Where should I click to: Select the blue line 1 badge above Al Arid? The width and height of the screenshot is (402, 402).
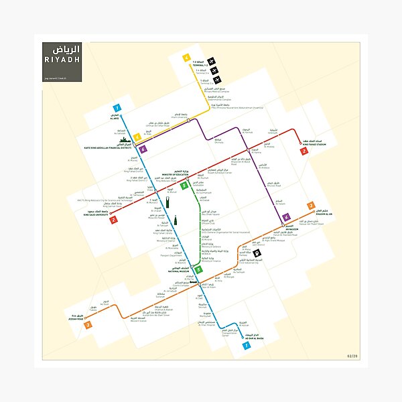click(x=117, y=108)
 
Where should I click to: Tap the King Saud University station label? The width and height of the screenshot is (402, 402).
click(x=94, y=213)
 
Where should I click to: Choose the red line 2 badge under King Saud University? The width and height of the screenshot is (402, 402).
click(x=113, y=220)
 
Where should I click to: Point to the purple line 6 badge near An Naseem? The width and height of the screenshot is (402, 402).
click(x=286, y=217)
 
